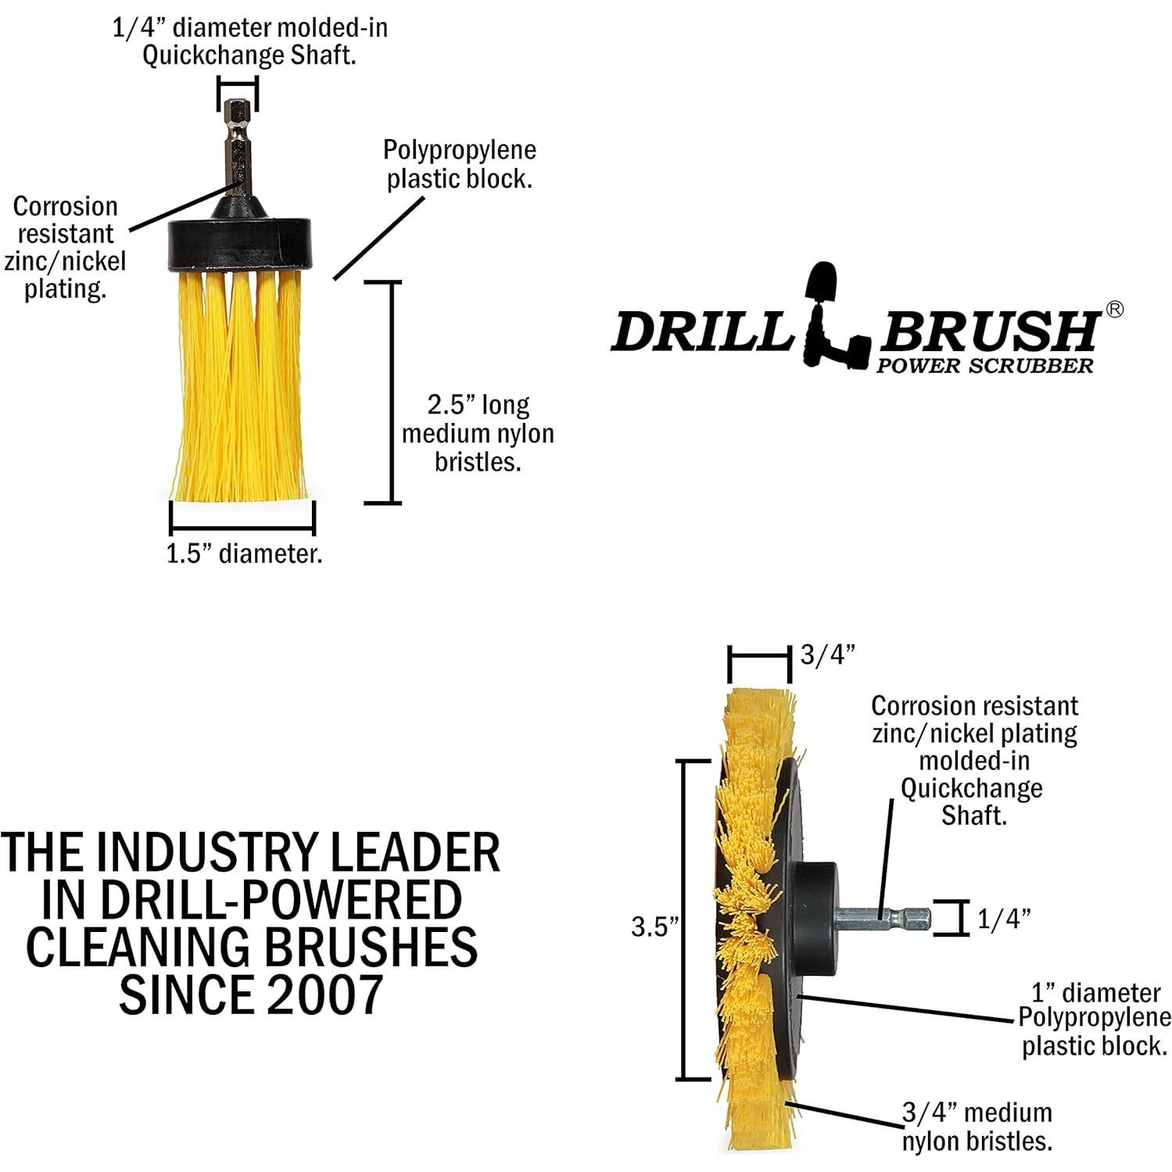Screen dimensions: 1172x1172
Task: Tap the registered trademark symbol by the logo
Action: (1115, 310)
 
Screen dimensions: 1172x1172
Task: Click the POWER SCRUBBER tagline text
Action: (984, 366)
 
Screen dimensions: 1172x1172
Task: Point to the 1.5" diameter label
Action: (244, 554)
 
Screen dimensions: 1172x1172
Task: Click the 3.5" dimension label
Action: (654, 927)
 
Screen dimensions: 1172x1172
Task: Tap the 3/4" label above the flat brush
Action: (828, 654)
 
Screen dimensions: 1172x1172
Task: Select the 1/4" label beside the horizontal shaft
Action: (1004, 919)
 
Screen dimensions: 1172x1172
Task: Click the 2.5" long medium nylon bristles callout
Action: (478, 433)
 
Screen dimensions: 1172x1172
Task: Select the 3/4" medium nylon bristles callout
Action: (977, 1127)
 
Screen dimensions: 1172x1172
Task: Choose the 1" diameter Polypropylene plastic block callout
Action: (1095, 1020)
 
